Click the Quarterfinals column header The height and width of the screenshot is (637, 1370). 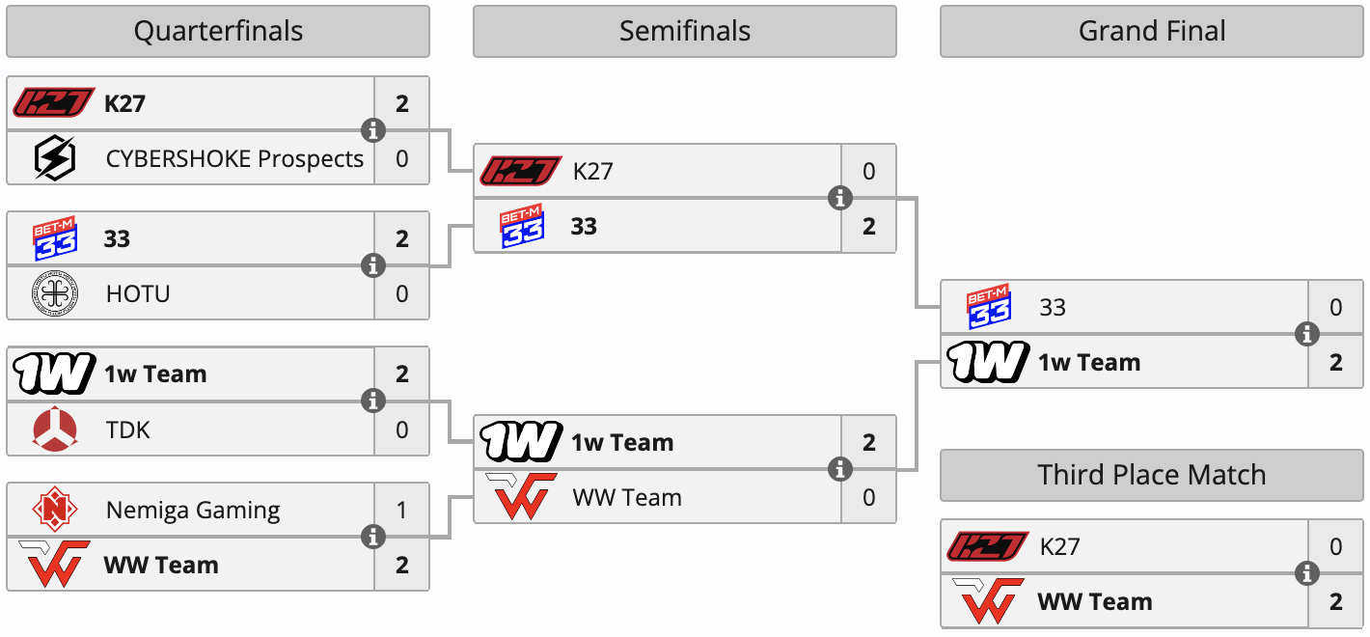pyautogui.click(x=218, y=32)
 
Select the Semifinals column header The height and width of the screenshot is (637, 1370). pyautogui.click(x=684, y=32)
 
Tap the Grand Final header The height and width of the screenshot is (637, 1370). pyautogui.click(x=1152, y=32)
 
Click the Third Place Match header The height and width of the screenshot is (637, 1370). pyautogui.click(x=1152, y=475)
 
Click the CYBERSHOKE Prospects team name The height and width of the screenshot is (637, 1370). pyautogui.click(x=234, y=158)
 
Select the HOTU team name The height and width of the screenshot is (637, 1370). pyautogui.click(x=138, y=293)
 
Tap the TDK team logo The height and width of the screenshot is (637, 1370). pyautogui.click(x=54, y=429)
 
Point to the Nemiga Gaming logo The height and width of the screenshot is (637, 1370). pyautogui.click(x=54, y=510)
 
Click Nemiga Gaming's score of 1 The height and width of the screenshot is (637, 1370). pyautogui.click(x=402, y=510)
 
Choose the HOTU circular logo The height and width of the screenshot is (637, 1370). pyautogui.click(x=54, y=293)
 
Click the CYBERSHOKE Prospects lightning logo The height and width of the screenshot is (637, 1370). pyautogui.click(x=54, y=158)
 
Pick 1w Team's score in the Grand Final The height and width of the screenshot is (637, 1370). pyautogui.click(x=1336, y=363)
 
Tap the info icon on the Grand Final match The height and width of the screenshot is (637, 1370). pyautogui.click(x=1307, y=335)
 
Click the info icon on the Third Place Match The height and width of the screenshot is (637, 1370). pyautogui.click(x=1307, y=574)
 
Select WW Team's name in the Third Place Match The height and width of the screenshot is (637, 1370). pyautogui.click(x=1094, y=602)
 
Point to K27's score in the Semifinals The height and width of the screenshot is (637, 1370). pyautogui.click(x=869, y=172)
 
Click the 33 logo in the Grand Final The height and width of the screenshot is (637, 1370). pyautogui.click(x=988, y=308)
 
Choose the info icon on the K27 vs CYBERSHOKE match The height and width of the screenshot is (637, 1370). pyautogui.click(x=373, y=130)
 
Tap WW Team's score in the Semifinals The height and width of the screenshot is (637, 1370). pyautogui.click(x=869, y=498)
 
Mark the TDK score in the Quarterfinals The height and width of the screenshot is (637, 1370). pyautogui.click(x=402, y=429)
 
